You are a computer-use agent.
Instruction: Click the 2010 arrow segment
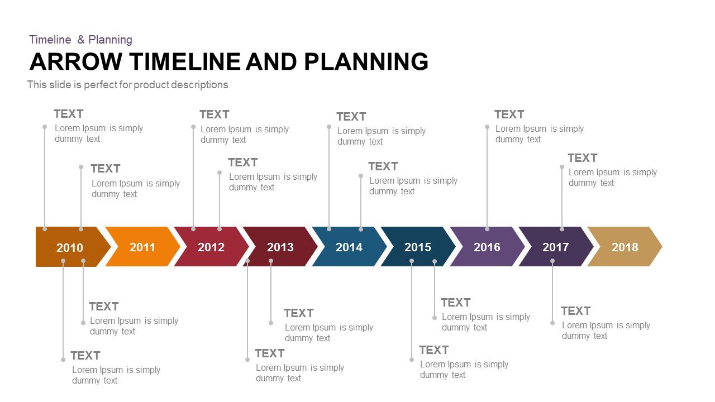(70, 247)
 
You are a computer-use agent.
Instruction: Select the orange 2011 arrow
(142, 247)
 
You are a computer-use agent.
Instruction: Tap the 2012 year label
(211, 247)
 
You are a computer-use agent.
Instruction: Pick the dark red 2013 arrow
(280, 247)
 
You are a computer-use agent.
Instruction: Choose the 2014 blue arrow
(349, 247)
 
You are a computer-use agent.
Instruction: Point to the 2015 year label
(418, 247)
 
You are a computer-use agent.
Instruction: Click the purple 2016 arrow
(487, 247)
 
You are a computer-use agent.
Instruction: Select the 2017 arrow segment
(555, 247)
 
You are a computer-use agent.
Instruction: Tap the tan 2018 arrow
(625, 247)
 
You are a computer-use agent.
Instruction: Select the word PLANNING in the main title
(366, 61)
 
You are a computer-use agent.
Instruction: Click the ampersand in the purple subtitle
(80, 40)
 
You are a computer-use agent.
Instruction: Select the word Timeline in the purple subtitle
(50, 40)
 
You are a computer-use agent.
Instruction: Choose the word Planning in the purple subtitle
(111, 40)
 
